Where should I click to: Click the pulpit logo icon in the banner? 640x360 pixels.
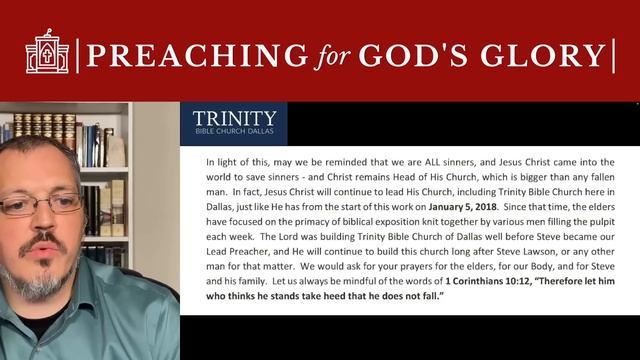pyautogui.click(x=47, y=51)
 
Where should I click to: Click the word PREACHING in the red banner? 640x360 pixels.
pyautogui.click(x=197, y=55)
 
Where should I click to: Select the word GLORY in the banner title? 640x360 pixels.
pyautogui.click(x=543, y=55)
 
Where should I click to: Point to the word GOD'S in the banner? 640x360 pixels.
pyautogui.click(x=413, y=55)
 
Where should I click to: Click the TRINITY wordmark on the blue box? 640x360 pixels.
pyautogui.click(x=234, y=118)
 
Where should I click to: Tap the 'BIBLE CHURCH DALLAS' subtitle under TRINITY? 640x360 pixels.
pyautogui.click(x=234, y=131)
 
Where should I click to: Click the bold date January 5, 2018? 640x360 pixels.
pyautogui.click(x=462, y=207)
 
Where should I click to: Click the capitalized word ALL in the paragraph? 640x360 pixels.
pyautogui.click(x=433, y=162)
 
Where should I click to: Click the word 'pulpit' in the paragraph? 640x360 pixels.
pyautogui.click(x=602, y=222)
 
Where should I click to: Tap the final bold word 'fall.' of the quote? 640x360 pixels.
pyautogui.click(x=433, y=296)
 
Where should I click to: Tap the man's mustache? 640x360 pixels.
pyautogui.click(x=43, y=241)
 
